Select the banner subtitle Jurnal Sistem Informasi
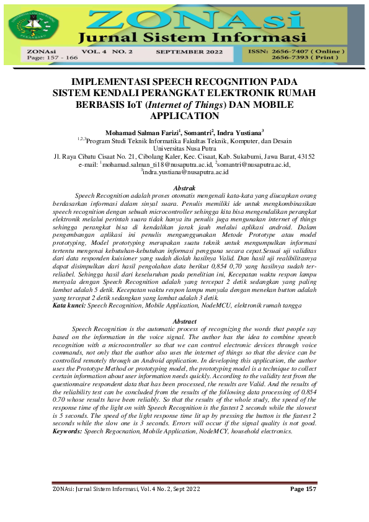pos(193,35)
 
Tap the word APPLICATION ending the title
pos(184,115)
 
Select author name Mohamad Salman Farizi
pos(141,132)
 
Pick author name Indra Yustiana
pos(241,132)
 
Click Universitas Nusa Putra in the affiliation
pos(184,149)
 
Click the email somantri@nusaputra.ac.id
pos(254,165)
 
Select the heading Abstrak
pos(184,187)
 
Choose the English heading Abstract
pos(184,321)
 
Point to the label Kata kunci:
pos(69,306)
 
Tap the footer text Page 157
pos(303,490)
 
